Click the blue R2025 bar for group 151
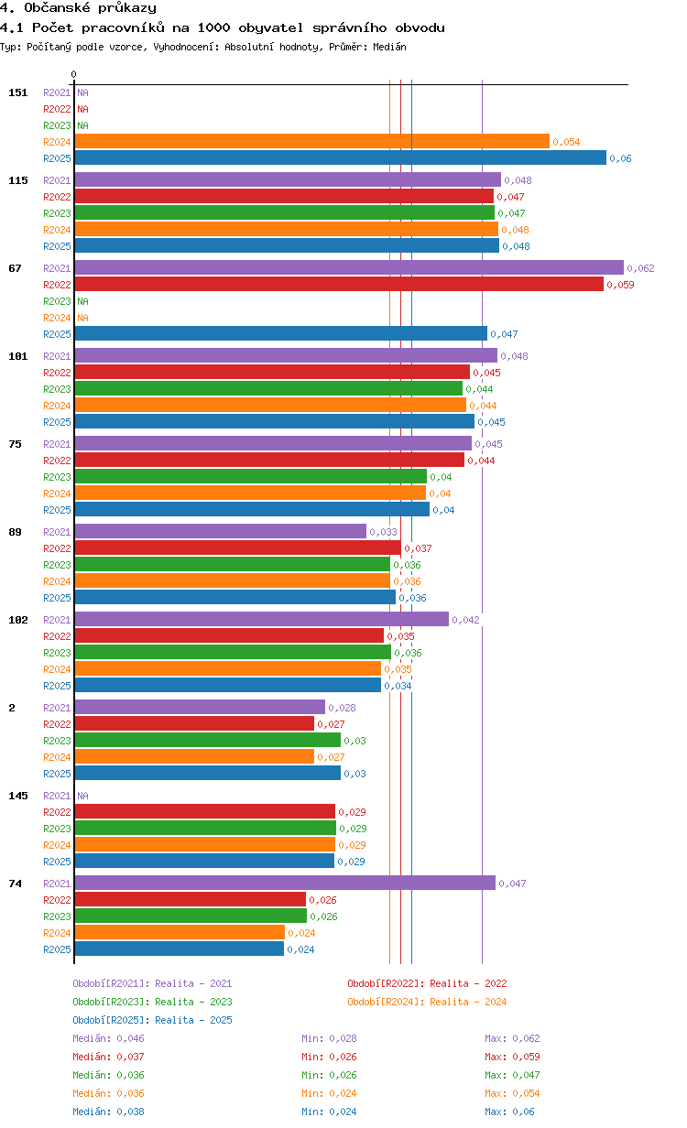pyautogui.click(x=341, y=157)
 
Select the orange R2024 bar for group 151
pyautogui.click(x=312, y=142)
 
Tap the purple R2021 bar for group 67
pyautogui.click(x=349, y=267)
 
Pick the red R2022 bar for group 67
pyautogui.click(x=339, y=284)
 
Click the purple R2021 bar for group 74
pyautogui.click(x=285, y=883)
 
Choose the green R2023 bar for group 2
pyautogui.click(x=208, y=740)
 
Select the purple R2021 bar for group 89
pyautogui.click(x=221, y=531)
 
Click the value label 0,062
pyautogui.click(x=640, y=268)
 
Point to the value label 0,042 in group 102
pyautogui.click(x=465, y=620)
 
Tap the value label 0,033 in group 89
pyautogui.click(x=383, y=532)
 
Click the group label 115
pyautogui.click(x=18, y=180)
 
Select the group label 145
pyautogui.click(x=18, y=796)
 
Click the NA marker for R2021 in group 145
pyautogui.click(x=82, y=796)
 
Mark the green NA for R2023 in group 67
pyautogui.click(x=82, y=301)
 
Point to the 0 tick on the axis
pyautogui.click(x=74, y=74)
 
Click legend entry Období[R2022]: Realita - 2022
pyautogui.click(x=427, y=983)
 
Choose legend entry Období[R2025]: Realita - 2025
pyautogui.click(x=153, y=1020)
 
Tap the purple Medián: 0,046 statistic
pyautogui.click(x=108, y=1038)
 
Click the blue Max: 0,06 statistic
pyautogui.click(x=509, y=1112)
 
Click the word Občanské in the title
pyautogui.click(x=57, y=8)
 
